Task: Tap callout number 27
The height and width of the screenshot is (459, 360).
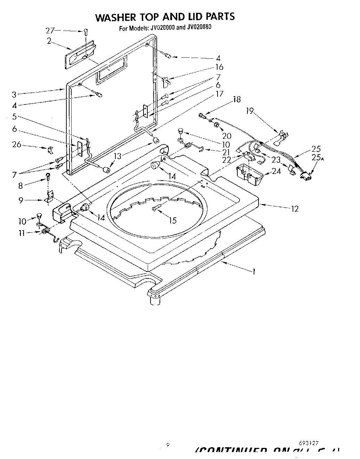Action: [50, 31]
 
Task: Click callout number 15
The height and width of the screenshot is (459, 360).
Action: [172, 220]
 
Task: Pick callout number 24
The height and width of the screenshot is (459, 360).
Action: [276, 171]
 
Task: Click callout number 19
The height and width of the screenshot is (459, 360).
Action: [250, 111]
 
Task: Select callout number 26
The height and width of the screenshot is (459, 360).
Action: [17, 144]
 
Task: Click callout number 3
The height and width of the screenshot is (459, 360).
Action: [14, 94]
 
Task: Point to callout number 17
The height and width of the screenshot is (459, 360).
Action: [219, 94]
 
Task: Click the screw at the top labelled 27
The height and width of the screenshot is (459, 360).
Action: [85, 32]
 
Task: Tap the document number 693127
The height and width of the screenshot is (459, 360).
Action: [309, 443]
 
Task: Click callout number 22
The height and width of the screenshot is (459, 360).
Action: [227, 160]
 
